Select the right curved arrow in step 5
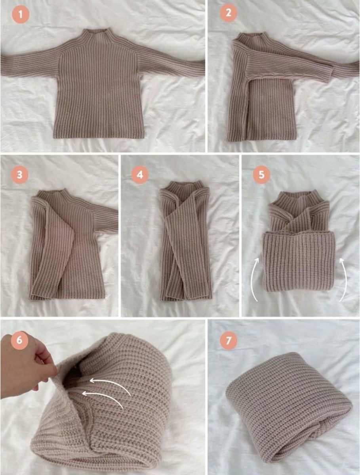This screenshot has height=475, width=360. pyautogui.click(x=344, y=282)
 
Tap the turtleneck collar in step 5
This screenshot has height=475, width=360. pyautogui.click(x=300, y=198)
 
